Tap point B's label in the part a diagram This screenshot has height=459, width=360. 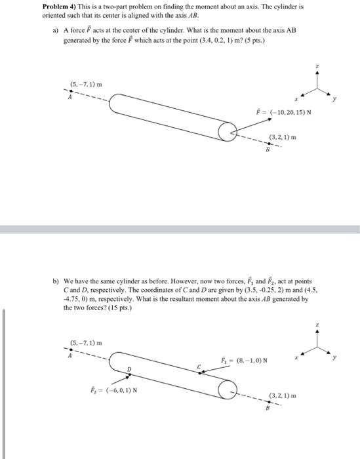point(267,150)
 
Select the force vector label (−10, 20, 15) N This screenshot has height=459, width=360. point(283,111)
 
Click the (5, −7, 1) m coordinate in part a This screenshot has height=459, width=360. point(86,84)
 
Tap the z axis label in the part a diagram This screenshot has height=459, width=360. point(317,67)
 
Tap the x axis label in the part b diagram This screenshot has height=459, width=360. point(296,358)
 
